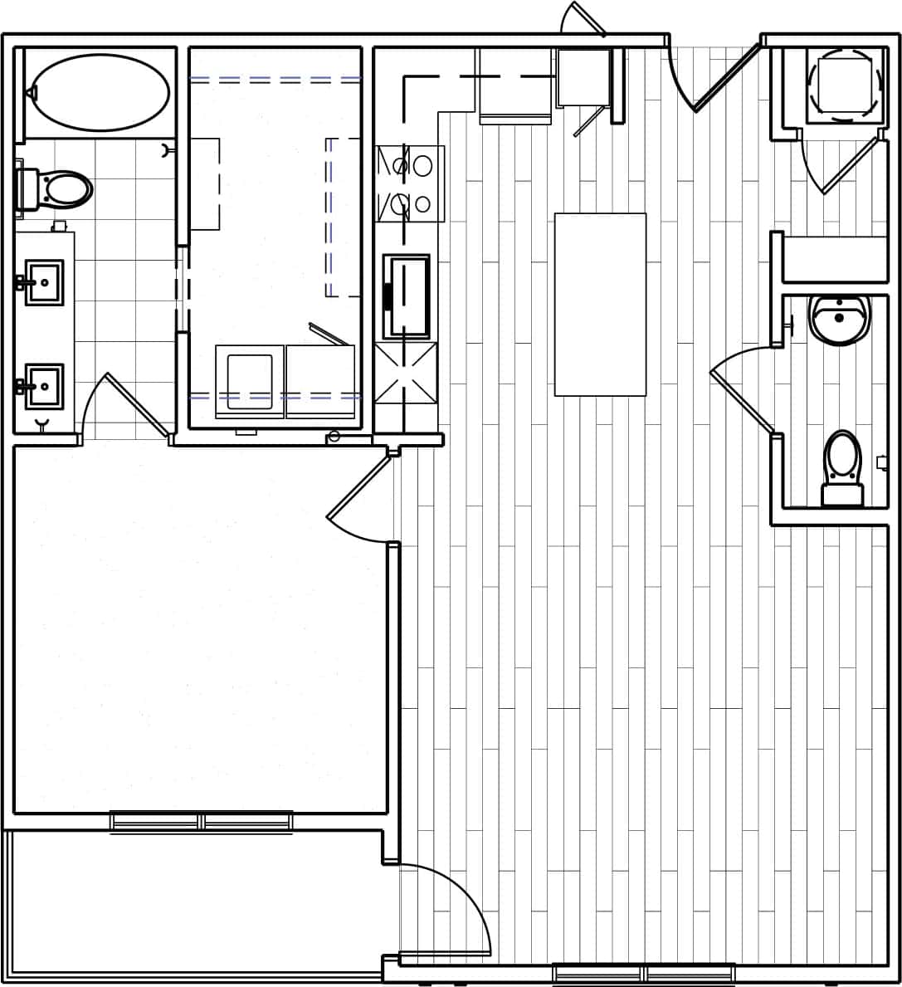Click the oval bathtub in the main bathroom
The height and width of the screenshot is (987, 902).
[x=100, y=92]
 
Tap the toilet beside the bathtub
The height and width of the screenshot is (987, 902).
[x=58, y=189]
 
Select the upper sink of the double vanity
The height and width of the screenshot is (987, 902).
[x=44, y=282]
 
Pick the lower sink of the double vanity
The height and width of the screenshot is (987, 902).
[x=44, y=386]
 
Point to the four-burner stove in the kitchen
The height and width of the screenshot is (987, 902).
[x=411, y=183]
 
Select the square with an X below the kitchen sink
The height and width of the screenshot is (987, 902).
[x=406, y=373]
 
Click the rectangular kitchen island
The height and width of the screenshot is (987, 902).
[x=600, y=304]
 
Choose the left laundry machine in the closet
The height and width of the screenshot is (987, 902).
[x=249, y=381]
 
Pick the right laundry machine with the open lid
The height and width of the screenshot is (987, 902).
[x=320, y=380]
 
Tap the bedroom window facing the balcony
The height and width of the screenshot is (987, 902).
[x=201, y=821]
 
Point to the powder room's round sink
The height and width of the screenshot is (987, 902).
[x=839, y=319]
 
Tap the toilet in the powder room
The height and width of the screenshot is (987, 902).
[x=842, y=467]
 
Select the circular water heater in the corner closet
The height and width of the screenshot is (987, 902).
[x=844, y=85]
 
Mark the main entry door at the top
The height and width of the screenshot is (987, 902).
[x=726, y=76]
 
